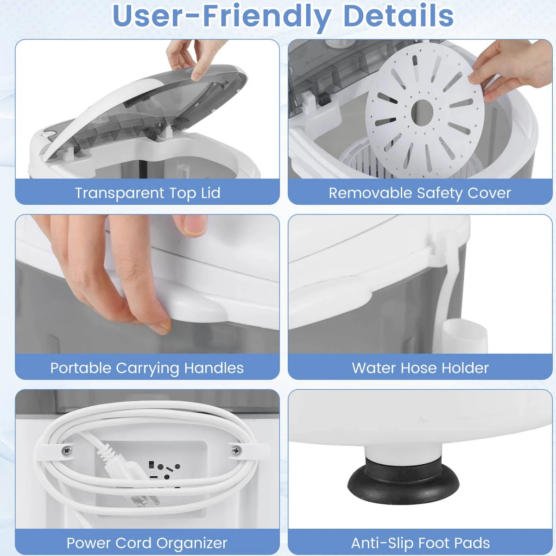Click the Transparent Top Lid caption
(x=148, y=193)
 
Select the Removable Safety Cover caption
(x=420, y=193)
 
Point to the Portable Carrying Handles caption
(x=147, y=368)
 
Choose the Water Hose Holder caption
(x=420, y=368)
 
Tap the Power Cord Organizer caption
(x=147, y=543)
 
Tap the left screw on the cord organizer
(x=67, y=450)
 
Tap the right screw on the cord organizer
(x=236, y=450)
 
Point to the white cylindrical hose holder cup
(x=465, y=336)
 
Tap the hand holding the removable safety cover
(x=511, y=69)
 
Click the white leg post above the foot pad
(x=403, y=452)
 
